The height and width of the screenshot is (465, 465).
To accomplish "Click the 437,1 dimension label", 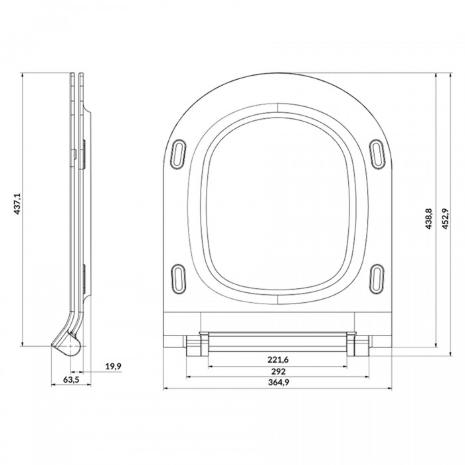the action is [x=17, y=204].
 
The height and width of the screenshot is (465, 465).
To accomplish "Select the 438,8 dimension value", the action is [x=428, y=219].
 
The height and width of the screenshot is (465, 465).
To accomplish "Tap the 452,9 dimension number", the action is [x=445, y=219].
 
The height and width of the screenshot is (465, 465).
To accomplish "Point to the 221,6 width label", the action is [x=278, y=359].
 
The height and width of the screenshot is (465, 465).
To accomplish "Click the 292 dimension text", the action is [x=278, y=371].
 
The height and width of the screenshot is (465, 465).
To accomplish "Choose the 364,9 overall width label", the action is [x=278, y=382].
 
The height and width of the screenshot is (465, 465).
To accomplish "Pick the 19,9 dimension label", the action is [x=114, y=366].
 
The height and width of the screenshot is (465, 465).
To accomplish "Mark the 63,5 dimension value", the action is [x=71, y=379].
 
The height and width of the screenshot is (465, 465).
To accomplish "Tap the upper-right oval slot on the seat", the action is [x=377, y=154].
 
